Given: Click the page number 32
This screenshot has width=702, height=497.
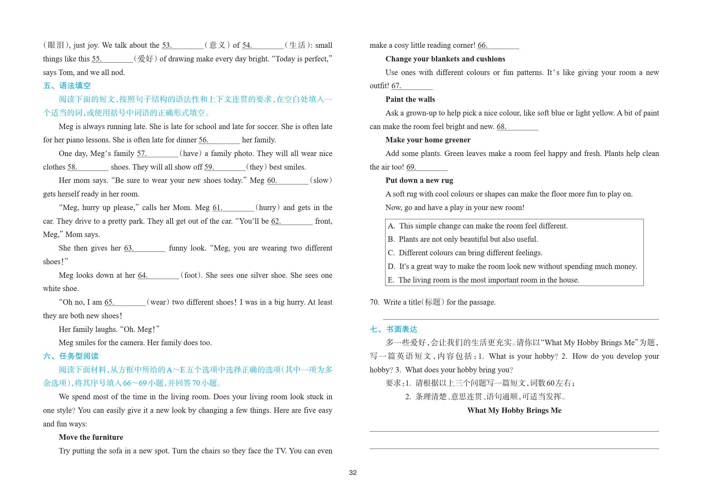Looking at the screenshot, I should (x=353, y=472).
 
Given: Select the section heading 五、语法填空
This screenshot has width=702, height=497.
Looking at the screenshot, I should (x=67, y=86).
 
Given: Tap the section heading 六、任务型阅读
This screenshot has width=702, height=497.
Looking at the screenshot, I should (x=71, y=356).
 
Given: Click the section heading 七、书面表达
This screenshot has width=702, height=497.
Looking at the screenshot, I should (x=393, y=329).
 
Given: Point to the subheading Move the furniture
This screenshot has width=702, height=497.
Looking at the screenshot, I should (x=91, y=437).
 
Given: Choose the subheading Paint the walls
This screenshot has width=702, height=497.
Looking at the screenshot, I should (x=410, y=99).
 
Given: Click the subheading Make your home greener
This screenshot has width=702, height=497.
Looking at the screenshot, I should (x=428, y=140).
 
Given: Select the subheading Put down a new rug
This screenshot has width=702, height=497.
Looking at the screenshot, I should (x=419, y=180).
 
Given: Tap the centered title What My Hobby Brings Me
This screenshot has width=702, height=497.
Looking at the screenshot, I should (x=514, y=410).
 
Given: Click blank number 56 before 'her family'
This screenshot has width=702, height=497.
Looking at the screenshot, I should (x=219, y=140).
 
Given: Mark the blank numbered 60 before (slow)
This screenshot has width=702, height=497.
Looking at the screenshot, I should (x=287, y=181).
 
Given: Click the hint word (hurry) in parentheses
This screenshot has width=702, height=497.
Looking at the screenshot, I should (x=268, y=208).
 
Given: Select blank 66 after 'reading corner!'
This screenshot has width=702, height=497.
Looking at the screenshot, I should (x=498, y=46).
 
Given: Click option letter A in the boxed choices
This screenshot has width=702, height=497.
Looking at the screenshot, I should (x=391, y=226).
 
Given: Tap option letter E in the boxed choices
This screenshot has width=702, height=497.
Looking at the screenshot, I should (x=391, y=280).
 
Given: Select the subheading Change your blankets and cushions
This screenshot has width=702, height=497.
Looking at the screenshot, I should (x=445, y=59).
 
